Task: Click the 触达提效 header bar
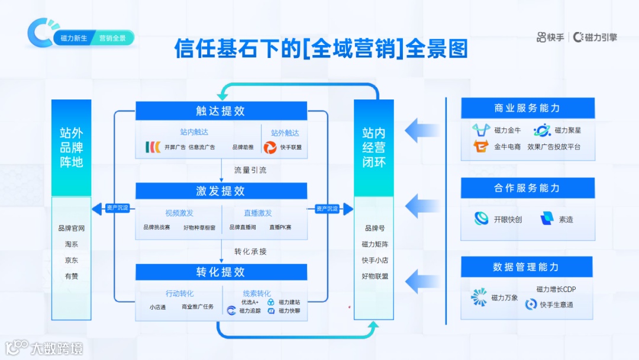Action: pos(221,111)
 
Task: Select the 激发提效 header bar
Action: pos(221,191)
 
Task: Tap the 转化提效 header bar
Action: pos(221,272)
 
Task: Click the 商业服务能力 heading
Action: pos(527,108)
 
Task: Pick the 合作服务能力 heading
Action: pos(527,188)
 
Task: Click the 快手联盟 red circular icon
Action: pos(270,147)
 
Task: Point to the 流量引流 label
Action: pos(250,171)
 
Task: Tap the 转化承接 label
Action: pos(250,252)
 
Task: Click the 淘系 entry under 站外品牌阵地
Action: pos(72,244)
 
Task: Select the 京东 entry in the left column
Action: pos(72,260)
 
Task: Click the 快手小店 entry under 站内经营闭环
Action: pos(375,260)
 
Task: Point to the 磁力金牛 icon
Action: pos(481,130)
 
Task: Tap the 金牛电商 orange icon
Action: pos(481,146)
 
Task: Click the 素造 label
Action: pos(566,220)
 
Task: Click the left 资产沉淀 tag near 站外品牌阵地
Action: pos(117,208)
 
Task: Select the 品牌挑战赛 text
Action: pos(156,227)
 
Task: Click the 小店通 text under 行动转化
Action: pos(157,307)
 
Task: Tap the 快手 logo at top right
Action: pos(550,37)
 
